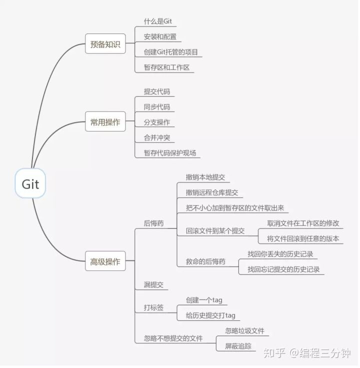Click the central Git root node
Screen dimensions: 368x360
pyautogui.click(x=30, y=183)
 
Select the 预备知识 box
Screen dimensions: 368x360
pyautogui.click(x=105, y=44)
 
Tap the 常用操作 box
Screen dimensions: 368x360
pyautogui.click(x=105, y=122)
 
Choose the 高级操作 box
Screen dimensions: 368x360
pyautogui.click(x=105, y=261)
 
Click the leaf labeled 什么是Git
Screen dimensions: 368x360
pyautogui.click(x=158, y=22)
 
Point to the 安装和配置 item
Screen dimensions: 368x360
pyautogui.click(x=160, y=37)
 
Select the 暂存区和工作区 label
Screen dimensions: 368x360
pyautogui.click(x=167, y=67)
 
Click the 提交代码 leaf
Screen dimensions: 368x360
pyautogui.click(x=157, y=92)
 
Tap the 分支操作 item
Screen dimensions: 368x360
pyautogui.click(x=157, y=122)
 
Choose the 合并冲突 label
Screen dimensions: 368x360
pyautogui.click(x=157, y=137)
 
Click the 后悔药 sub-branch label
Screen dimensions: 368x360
pyautogui.click(x=153, y=223)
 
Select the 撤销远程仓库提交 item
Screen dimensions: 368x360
pyautogui.click(x=212, y=192)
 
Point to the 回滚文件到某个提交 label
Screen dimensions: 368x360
pyautogui.click(x=215, y=231)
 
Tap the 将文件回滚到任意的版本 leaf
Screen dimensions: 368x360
pyautogui.click(x=303, y=238)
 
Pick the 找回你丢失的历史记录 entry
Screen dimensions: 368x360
pyautogui.click(x=280, y=254)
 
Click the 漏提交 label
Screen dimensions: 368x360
pyautogui.click(x=153, y=284)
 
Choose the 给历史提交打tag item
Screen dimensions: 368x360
pyautogui.click(x=210, y=315)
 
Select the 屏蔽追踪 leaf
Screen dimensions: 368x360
pyautogui.click(x=238, y=346)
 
